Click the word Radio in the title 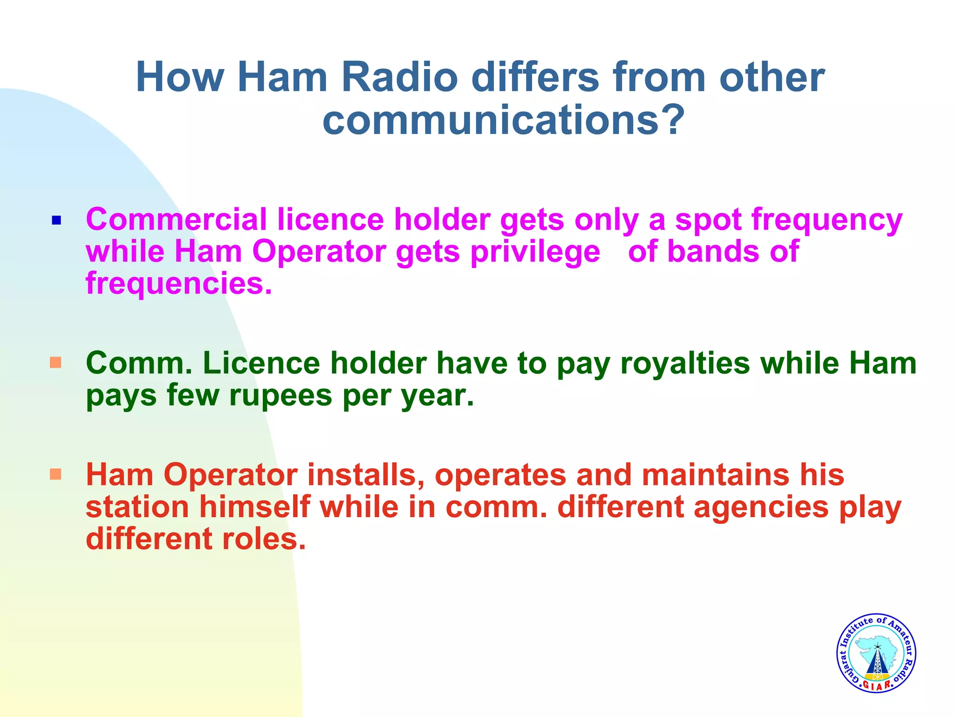(x=400, y=77)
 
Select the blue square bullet (x=56, y=220)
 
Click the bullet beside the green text (x=56, y=363)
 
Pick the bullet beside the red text (x=56, y=475)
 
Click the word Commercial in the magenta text (x=176, y=219)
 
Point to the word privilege (x=535, y=252)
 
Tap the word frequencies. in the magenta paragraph (x=179, y=284)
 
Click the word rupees (x=280, y=395)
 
